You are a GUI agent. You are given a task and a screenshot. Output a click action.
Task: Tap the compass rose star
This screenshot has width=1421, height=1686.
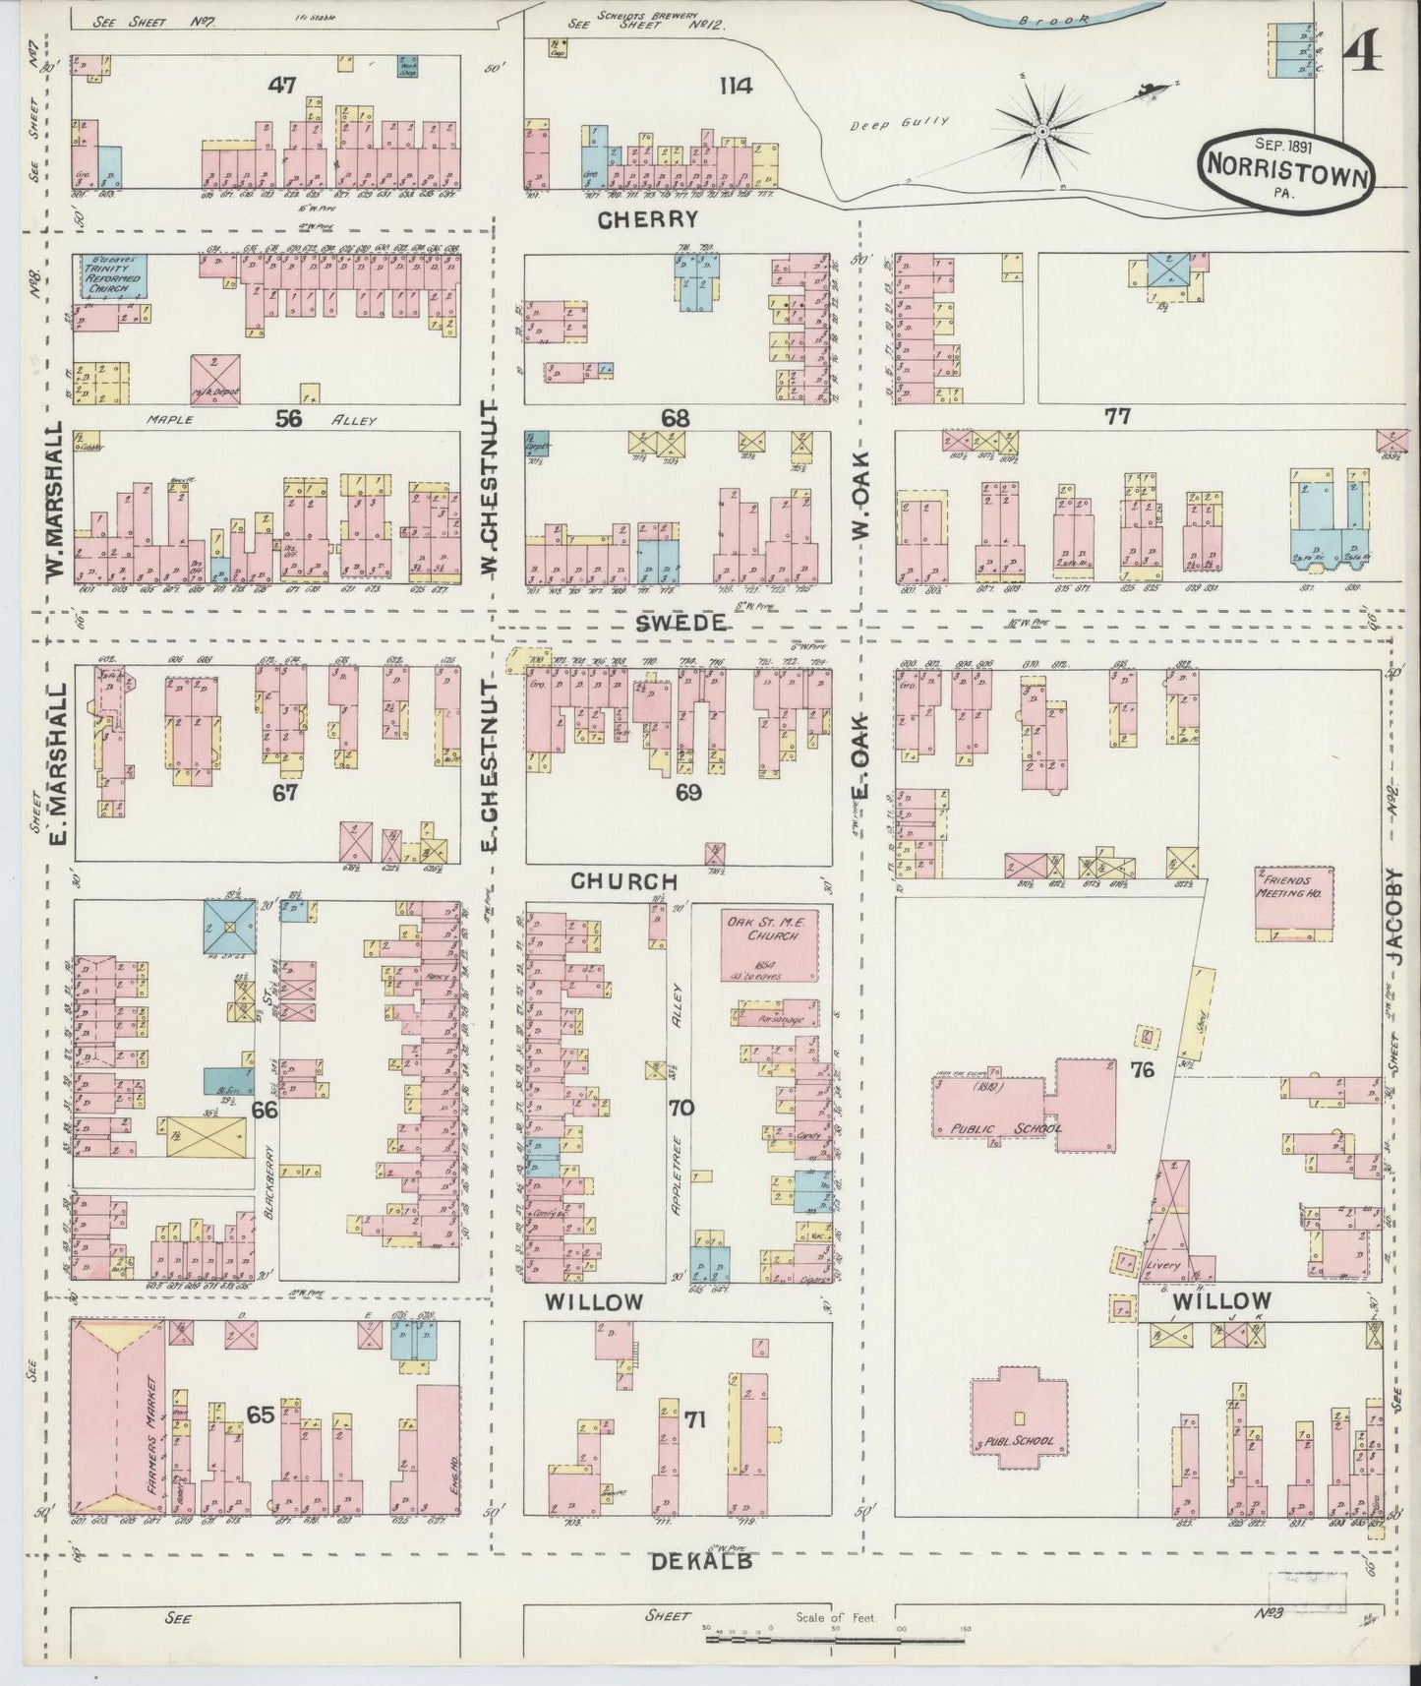coord(1041,130)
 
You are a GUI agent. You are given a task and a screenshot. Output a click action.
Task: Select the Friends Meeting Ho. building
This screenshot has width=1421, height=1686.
coord(1293,903)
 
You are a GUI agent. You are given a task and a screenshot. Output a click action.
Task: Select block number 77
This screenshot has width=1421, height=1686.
coord(1116,417)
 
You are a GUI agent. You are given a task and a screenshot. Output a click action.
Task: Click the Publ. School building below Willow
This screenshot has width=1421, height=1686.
coord(1019,1422)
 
